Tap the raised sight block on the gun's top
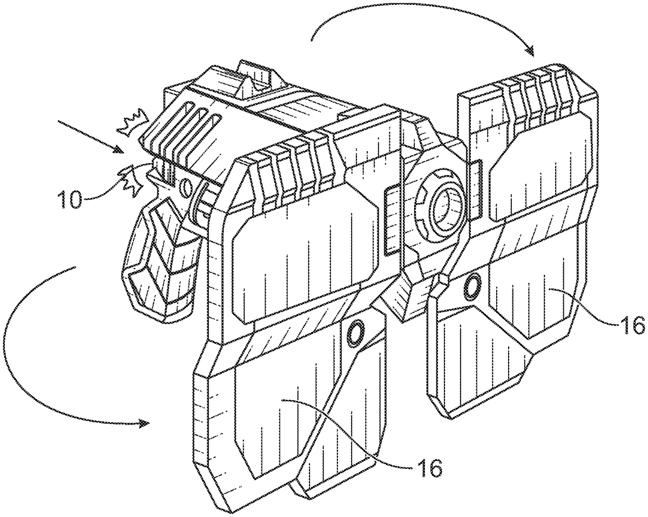[256, 80]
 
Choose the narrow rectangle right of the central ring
[476, 189]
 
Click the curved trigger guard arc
[195, 203]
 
